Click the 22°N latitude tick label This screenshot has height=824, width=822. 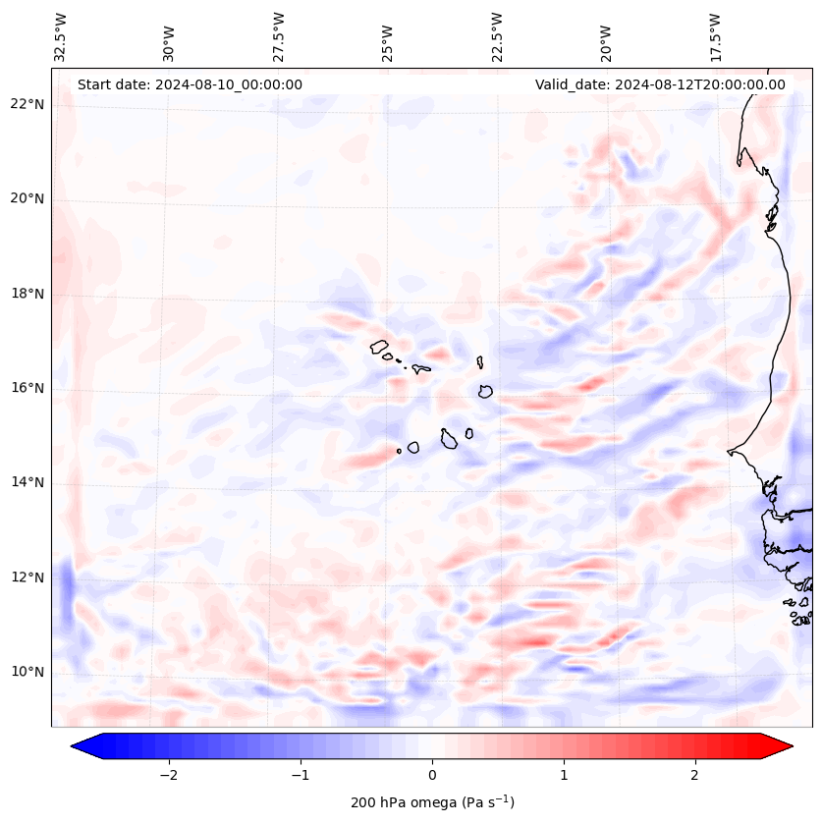point(27,104)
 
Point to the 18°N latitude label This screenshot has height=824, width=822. point(27,294)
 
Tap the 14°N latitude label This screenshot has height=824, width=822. point(27,482)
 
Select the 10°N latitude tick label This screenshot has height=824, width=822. point(27,672)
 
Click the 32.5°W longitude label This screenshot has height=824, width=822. point(61,37)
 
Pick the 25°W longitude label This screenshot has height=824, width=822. point(388,37)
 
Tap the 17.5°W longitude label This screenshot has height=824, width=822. point(715,37)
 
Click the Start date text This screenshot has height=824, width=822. point(190,84)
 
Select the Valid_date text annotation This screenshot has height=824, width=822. point(660,84)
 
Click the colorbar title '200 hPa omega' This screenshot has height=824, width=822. point(432,802)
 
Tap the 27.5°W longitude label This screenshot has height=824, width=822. point(279,37)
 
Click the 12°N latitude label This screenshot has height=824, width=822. point(27,577)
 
